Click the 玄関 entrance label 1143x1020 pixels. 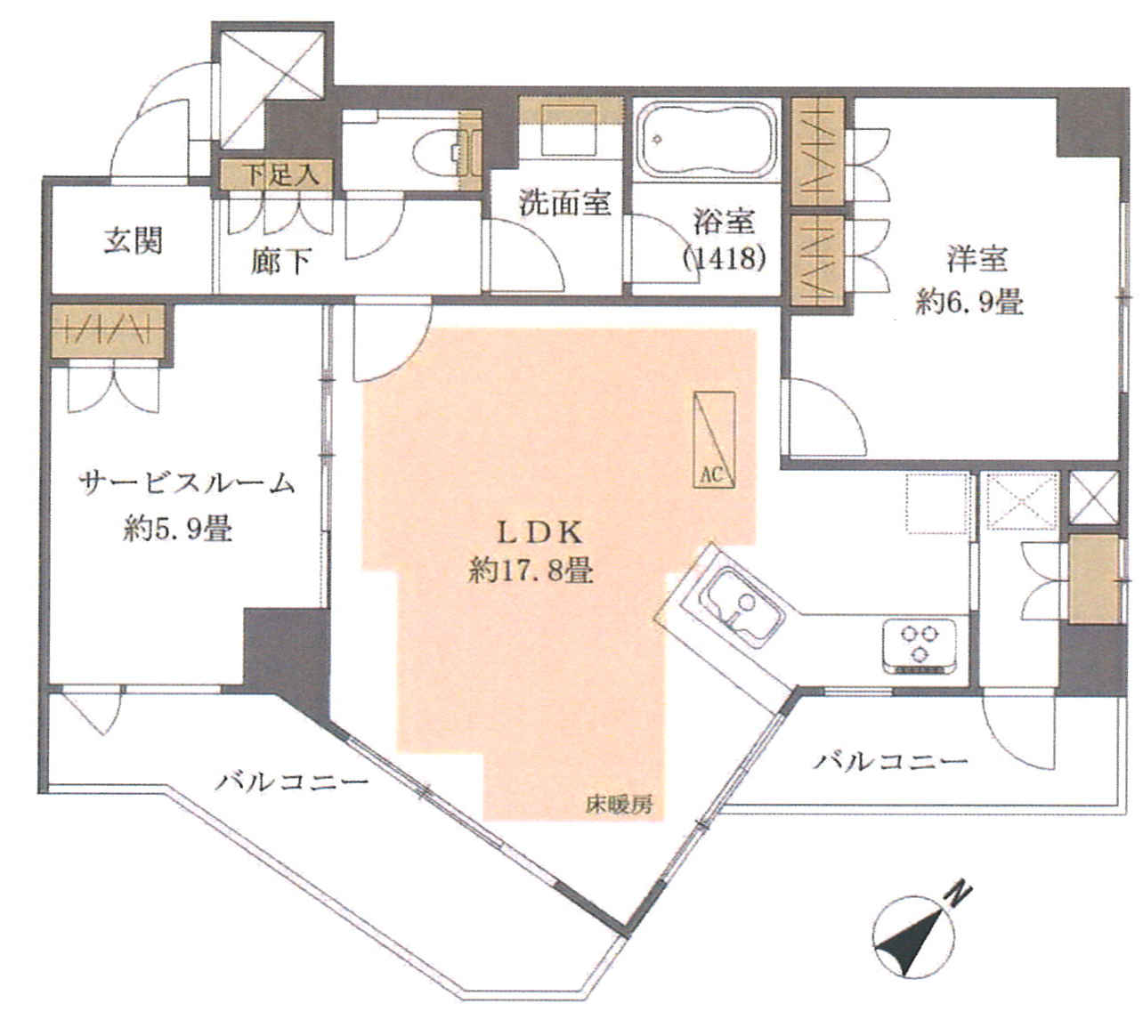click(x=134, y=241)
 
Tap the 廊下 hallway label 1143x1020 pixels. click(x=280, y=261)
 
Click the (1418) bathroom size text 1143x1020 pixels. click(x=724, y=258)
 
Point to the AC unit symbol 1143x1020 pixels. click(x=714, y=439)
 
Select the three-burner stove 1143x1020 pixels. click(x=920, y=647)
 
